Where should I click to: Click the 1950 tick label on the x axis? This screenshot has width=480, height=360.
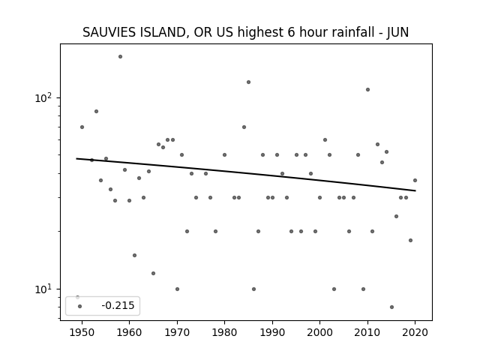tap(82, 332)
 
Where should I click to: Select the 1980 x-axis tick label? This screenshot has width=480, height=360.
tap(224, 332)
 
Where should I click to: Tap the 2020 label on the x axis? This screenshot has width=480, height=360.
tap(415, 332)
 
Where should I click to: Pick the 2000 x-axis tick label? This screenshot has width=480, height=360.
tap(319, 332)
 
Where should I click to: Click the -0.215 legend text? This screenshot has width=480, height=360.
tap(118, 305)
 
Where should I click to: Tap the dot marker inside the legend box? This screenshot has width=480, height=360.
tap(80, 306)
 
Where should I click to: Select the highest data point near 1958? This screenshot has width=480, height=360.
tap(120, 57)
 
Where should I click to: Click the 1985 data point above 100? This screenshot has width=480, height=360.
tap(248, 82)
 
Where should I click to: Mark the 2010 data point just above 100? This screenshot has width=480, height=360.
tap(367, 90)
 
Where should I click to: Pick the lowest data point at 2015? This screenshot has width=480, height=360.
tap(391, 307)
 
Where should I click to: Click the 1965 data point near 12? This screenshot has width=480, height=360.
tap(153, 273)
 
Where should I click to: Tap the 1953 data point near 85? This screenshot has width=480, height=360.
tap(97, 112)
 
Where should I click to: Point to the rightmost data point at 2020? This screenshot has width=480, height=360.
tap(415, 180)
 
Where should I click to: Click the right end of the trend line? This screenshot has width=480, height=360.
tap(415, 190)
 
